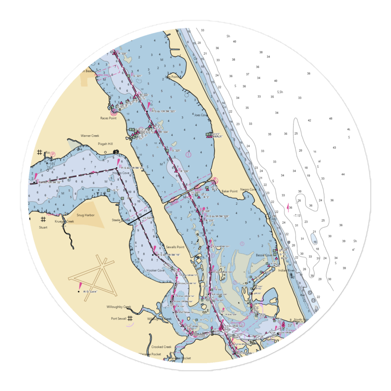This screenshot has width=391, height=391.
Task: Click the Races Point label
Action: [x=108, y=118]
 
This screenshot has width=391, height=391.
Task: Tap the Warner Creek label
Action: [x=90, y=136]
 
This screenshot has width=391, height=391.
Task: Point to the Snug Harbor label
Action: [x=85, y=215]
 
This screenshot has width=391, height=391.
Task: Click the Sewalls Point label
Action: [x=175, y=248]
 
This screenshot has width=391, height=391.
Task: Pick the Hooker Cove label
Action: [x=155, y=270]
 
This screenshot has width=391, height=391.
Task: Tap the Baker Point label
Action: [x=230, y=192]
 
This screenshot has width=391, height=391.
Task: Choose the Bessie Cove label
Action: [x=264, y=255]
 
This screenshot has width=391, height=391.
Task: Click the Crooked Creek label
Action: [x=161, y=347]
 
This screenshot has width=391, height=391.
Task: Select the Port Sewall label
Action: [x=118, y=319]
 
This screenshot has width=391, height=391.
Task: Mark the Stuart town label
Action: [x=43, y=227]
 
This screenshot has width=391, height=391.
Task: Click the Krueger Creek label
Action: [x=65, y=221]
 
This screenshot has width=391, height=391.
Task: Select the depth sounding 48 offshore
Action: [x=330, y=118]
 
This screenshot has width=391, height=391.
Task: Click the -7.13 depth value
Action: [x=297, y=215]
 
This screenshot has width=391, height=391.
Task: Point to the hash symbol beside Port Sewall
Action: [x=130, y=318]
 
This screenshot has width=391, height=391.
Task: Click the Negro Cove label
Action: [x=248, y=190]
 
